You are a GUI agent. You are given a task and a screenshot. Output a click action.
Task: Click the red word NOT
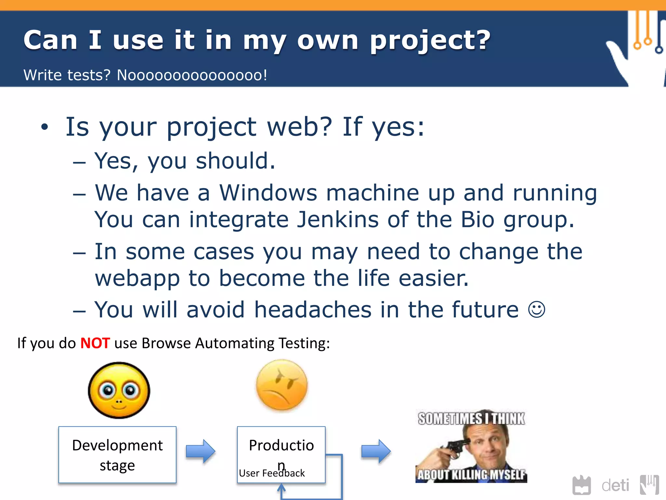95,343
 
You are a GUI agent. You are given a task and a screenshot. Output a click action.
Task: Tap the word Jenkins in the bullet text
338,219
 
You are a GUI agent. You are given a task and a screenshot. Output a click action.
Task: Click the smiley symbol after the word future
536,309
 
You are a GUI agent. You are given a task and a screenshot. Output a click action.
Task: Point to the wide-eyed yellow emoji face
119,390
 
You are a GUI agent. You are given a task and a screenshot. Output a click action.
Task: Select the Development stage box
117,455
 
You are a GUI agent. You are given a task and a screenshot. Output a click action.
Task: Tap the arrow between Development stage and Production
200,451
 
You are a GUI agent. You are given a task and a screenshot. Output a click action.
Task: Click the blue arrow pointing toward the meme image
376,451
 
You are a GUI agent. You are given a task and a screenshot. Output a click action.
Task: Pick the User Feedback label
272,473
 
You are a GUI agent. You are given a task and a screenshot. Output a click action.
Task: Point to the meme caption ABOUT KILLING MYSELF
471,475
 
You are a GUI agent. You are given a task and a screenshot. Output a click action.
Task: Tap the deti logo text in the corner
615,486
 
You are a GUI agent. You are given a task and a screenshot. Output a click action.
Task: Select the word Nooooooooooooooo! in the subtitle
192,75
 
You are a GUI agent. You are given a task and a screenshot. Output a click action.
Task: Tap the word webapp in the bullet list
137,278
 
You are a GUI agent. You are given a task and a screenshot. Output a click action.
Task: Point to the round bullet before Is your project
45,127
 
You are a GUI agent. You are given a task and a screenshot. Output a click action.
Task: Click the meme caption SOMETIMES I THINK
471,419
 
